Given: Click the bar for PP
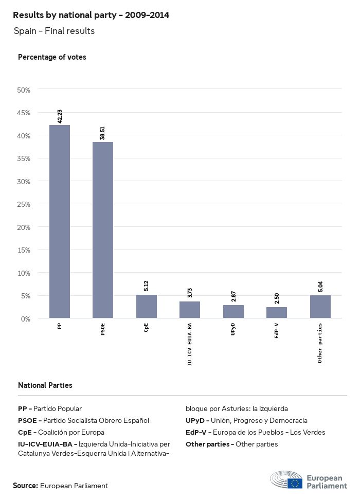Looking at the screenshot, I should [60, 221].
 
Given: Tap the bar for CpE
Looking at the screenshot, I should [147, 307].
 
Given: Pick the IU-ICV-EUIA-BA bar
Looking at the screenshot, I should [190, 310].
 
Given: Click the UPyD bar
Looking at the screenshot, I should [233, 312].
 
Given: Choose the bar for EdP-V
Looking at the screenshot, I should [277, 313].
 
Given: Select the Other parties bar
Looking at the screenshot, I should [320, 307].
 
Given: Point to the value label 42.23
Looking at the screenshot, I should [60, 116].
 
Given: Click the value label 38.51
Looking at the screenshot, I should [103, 133].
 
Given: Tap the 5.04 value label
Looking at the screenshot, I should [320, 286].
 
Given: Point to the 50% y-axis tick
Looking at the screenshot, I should [24, 90].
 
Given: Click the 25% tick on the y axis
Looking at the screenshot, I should [24, 204].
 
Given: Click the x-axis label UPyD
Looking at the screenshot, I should [233, 329].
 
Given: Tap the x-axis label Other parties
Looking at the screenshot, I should [320, 343].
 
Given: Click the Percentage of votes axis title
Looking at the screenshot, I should [52, 57].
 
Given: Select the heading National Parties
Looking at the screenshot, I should [45, 385].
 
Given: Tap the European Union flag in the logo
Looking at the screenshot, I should [295, 483].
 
